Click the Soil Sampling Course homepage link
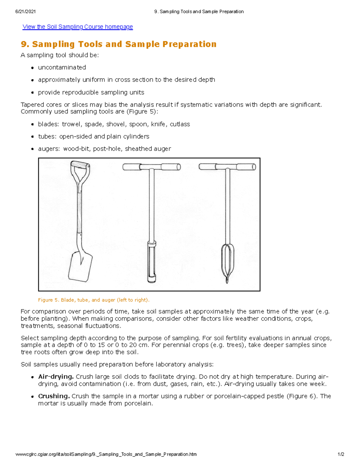coord(78,27)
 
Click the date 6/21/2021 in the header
coord(25,12)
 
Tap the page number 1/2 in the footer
coord(341,454)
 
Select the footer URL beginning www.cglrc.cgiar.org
coord(106,454)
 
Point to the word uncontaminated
coord(62,68)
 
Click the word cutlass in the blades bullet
coord(180,124)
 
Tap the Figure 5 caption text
coord(94,300)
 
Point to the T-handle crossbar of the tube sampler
coord(151,167)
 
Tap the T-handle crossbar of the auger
coord(227,167)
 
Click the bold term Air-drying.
coord(56,377)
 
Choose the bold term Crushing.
coord(54,396)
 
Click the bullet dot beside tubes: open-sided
coord(32,137)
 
